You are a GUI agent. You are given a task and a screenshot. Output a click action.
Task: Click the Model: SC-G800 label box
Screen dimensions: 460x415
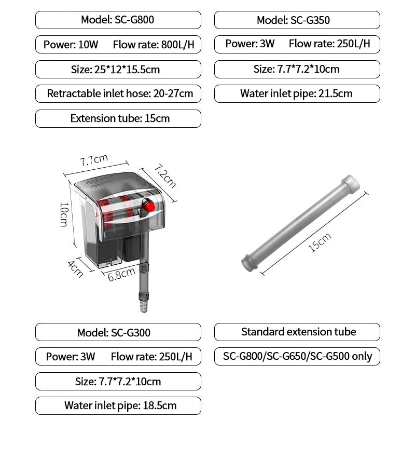coord(118,20)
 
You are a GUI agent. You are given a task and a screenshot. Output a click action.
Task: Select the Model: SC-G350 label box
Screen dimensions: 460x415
coord(297,20)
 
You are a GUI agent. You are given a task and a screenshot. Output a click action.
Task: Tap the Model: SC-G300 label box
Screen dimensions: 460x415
coord(118,332)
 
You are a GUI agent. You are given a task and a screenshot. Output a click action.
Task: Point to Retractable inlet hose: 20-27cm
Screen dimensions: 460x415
coord(118,94)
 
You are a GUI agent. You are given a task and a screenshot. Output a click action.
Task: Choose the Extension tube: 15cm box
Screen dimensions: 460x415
coord(118,118)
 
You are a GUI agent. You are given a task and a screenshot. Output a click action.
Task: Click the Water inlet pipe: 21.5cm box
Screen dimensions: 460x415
coord(297,94)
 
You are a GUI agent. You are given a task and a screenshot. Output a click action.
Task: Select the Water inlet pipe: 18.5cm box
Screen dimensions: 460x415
coord(118,406)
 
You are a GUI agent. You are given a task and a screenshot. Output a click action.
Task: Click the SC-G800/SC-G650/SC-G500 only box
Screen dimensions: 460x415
coord(297,357)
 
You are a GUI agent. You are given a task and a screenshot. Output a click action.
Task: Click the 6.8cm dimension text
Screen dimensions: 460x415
coord(121,274)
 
